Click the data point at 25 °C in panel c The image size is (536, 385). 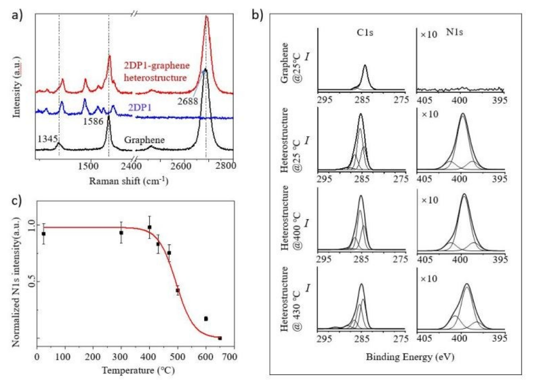tap(44, 234)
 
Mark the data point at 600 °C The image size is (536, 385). tap(206, 318)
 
